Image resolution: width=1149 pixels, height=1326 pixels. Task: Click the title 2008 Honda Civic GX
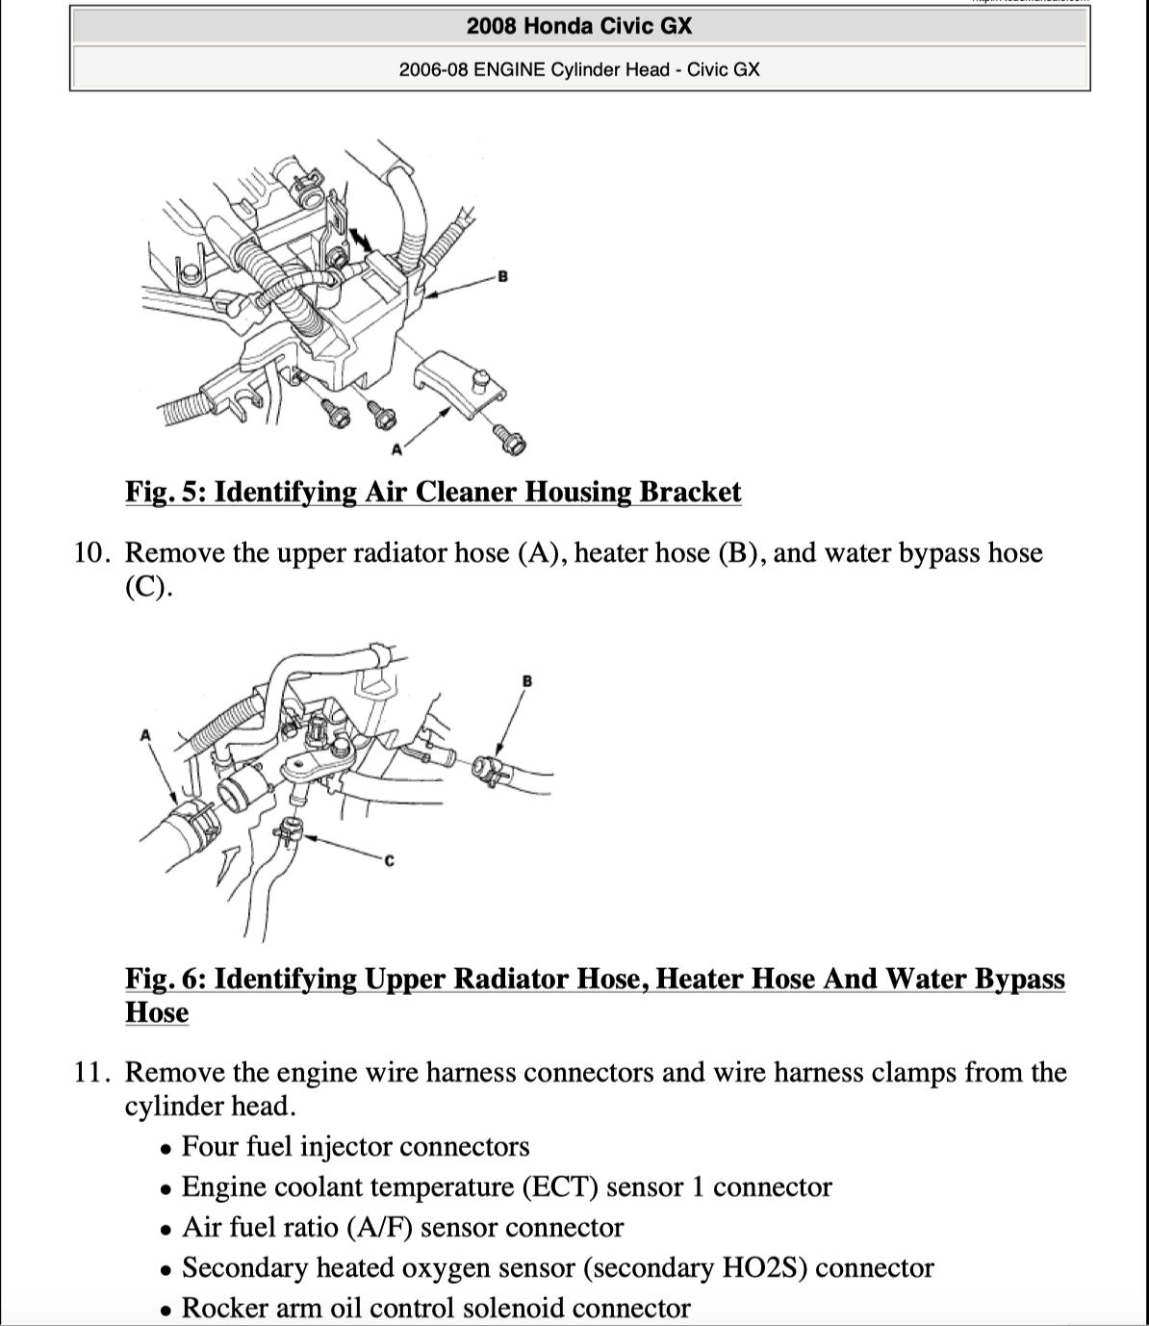578,26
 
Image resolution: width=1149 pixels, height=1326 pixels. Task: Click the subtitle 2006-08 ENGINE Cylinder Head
578,69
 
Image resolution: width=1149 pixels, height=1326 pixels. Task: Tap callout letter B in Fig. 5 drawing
502,277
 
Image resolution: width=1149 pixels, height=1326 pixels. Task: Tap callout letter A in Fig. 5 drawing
396,448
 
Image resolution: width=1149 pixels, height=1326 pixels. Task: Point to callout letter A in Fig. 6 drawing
145,735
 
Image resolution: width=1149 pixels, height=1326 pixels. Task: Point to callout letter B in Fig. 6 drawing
526,681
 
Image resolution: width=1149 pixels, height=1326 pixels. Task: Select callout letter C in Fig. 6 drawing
389,860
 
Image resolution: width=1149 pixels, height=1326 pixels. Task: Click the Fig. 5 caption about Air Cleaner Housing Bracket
433,492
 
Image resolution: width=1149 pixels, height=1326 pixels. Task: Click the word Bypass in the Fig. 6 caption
1020,979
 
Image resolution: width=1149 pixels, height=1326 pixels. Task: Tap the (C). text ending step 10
148,587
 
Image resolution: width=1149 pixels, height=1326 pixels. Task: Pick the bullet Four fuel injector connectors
355,1147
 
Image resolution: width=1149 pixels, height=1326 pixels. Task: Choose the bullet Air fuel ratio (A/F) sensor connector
402,1228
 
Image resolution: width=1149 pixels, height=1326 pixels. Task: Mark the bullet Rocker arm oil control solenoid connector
435,1309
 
